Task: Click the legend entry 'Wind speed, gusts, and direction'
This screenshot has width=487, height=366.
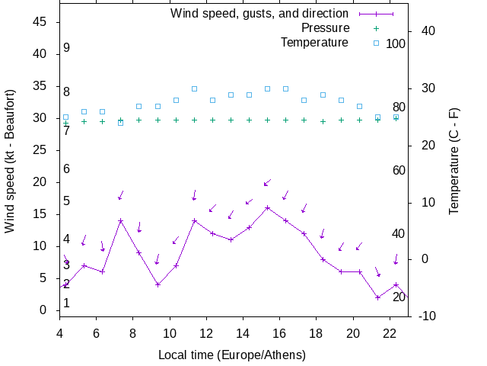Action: [259, 14]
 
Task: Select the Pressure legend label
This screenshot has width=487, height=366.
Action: [325, 28]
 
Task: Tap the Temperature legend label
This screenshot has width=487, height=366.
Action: [314, 43]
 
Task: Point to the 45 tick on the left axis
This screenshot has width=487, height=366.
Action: [42, 22]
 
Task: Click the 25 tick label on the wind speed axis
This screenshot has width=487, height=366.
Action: [42, 150]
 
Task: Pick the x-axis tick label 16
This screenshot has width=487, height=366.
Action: [280, 333]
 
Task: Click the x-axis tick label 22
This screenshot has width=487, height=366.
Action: [390, 333]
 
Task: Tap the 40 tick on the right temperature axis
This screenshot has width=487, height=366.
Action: [427, 31]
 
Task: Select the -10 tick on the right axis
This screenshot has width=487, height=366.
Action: [427, 316]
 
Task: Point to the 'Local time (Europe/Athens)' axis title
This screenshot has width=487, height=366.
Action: [232, 355]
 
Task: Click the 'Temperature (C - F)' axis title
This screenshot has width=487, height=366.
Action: [454, 160]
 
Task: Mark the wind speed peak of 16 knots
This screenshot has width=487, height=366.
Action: [267, 207]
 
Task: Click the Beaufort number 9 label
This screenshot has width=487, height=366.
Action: [67, 48]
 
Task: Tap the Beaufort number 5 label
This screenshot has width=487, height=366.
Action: [67, 201]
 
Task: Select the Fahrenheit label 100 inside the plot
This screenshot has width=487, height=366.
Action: [396, 43]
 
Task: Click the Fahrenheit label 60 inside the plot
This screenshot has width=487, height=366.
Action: [399, 170]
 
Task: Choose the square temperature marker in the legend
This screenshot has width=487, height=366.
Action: [376, 43]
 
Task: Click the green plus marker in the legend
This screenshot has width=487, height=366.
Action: [376, 28]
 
